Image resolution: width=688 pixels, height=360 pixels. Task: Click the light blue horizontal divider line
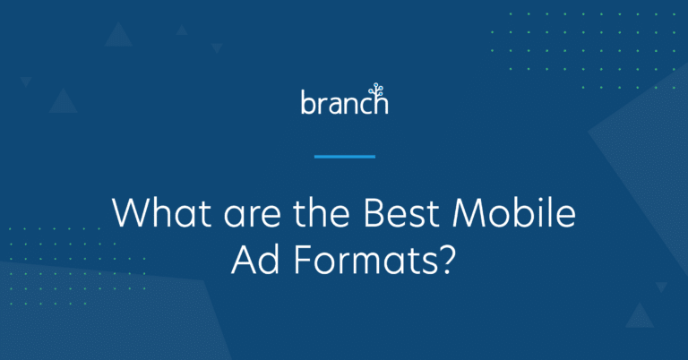[x=344, y=157]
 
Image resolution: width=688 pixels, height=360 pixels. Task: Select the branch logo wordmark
[x=344, y=101]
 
